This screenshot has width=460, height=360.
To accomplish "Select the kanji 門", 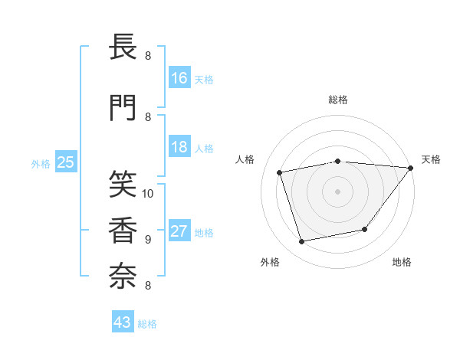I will point(123,107).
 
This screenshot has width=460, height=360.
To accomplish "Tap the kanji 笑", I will point(123,184).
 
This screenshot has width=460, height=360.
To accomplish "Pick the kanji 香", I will point(123,229).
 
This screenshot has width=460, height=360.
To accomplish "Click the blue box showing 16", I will point(179,77).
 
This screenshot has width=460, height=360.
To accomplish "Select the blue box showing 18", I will point(179,147).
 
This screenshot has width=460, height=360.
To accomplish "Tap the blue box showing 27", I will point(179,232).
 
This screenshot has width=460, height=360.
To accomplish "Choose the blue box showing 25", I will point(65,162).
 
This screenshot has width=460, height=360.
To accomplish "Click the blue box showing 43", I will point(123,322).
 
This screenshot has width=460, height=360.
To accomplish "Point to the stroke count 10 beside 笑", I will point(149,193).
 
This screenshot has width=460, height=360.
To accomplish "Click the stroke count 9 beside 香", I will point(148,239).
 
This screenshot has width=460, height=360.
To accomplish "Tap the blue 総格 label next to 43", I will point(147,324).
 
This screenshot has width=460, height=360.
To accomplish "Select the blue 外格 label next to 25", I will point(41,163).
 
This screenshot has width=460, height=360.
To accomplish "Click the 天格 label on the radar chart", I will point(431,159).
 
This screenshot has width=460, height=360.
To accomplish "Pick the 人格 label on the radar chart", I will point(245,159).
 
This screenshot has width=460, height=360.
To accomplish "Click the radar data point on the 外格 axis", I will point(301,242).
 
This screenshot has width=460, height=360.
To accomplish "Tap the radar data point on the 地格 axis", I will point(365,229).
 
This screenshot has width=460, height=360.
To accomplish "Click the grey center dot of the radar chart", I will point(338,191).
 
